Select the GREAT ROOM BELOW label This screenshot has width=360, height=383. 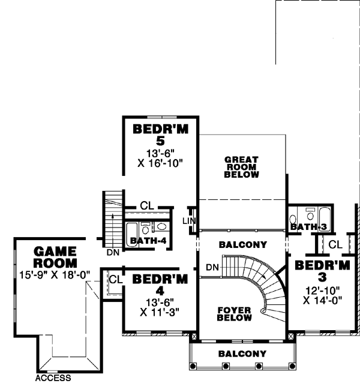point(241,167)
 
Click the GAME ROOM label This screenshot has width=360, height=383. point(55,257)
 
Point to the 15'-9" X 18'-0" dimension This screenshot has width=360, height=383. point(55,275)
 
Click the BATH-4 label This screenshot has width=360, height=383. point(148,241)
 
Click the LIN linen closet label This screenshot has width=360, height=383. point(189,221)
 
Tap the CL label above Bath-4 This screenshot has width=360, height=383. point(147,206)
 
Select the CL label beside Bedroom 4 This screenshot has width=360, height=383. point(115,279)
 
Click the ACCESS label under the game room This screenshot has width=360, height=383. point(53,378)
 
